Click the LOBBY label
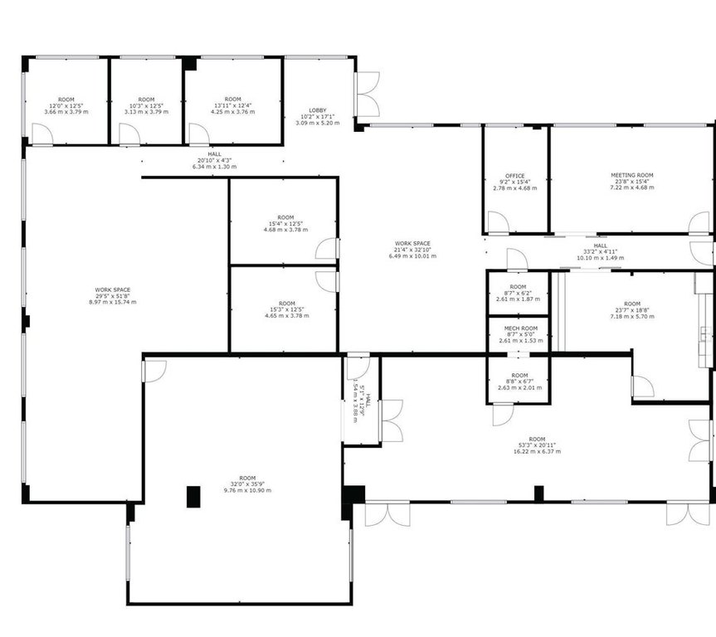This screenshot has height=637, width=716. (318, 110)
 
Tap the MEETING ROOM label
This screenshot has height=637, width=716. (632, 175)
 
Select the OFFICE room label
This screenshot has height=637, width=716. (514, 175)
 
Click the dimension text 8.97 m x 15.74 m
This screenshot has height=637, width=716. (112, 302)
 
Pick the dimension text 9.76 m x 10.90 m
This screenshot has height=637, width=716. (247, 490)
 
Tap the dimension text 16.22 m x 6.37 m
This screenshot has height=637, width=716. (537, 451)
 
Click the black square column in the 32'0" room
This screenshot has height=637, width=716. (192, 496)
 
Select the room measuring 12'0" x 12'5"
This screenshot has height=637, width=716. (66, 105)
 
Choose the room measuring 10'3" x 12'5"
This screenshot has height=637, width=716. (146, 105)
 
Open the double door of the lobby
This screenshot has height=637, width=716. (368, 94)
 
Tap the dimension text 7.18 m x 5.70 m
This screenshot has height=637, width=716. (632, 316)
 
